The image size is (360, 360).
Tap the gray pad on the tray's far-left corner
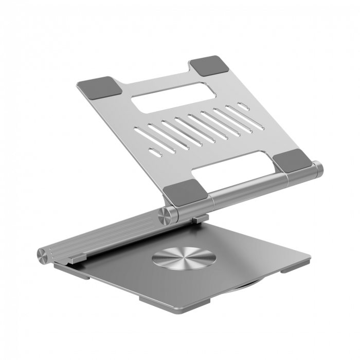click(x=100, y=87)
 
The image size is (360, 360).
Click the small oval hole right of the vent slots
click(x=243, y=106)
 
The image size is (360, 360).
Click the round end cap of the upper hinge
click(x=318, y=169)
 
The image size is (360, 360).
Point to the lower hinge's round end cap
click(x=43, y=254)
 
